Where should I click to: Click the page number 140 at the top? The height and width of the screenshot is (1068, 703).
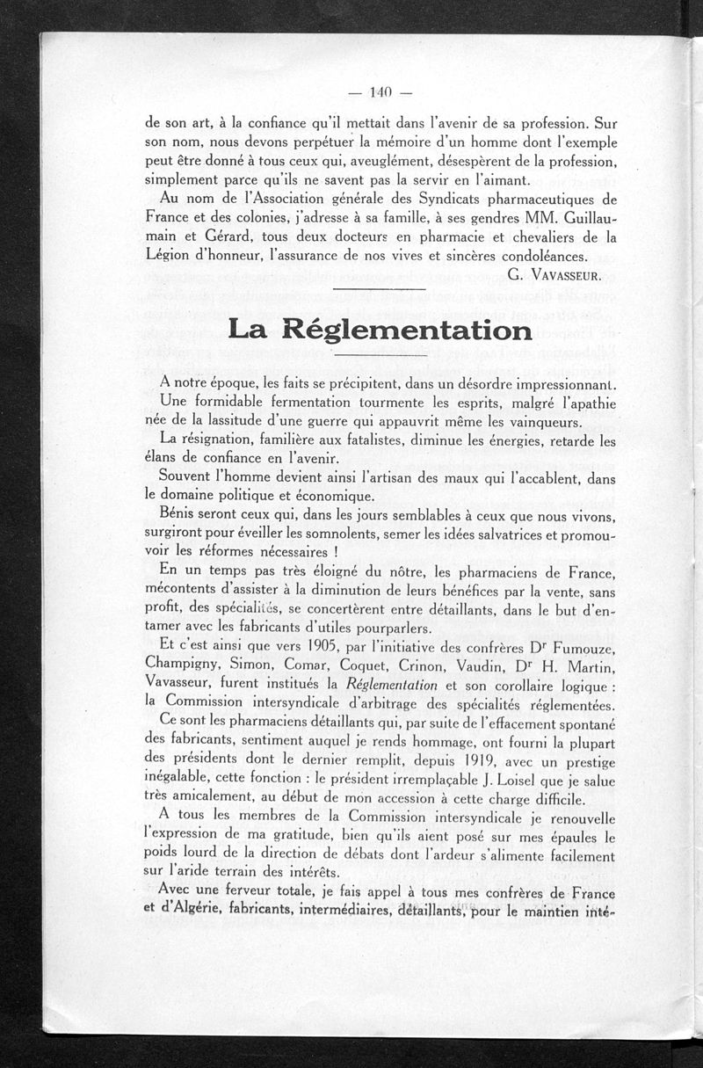(x=380, y=91)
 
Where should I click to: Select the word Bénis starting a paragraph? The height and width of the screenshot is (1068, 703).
(x=182, y=512)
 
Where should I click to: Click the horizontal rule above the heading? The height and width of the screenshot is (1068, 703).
(x=380, y=288)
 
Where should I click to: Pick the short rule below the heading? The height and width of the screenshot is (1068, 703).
(x=380, y=355)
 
